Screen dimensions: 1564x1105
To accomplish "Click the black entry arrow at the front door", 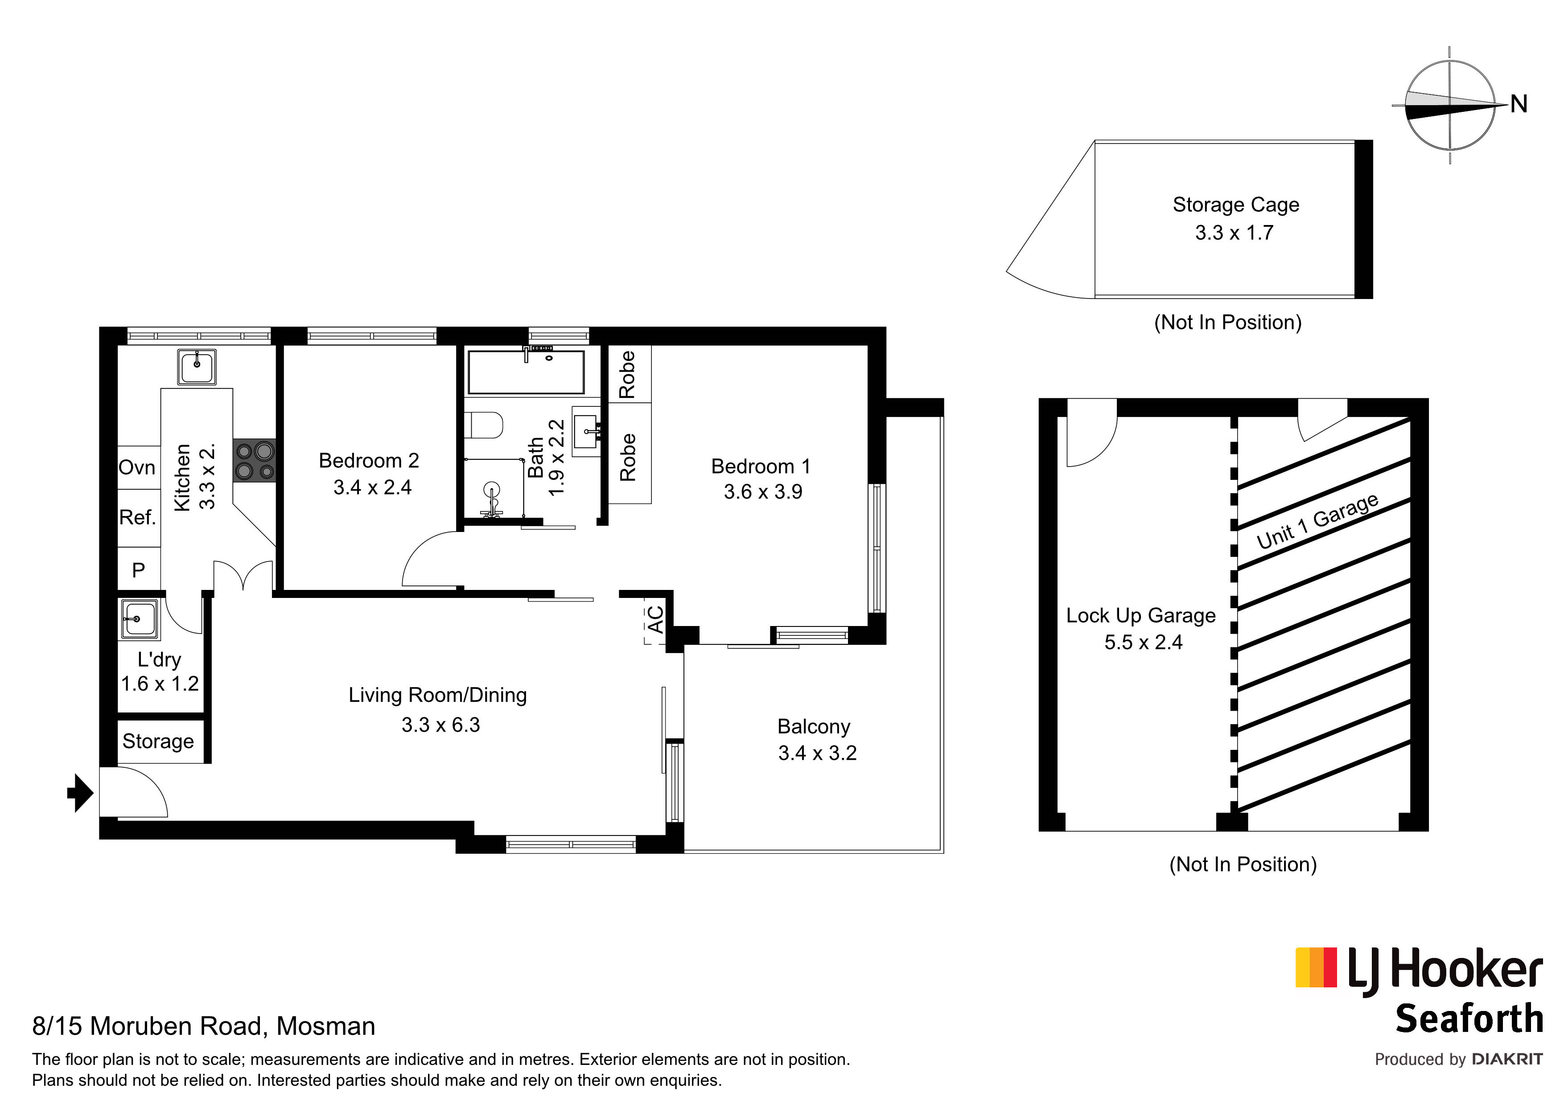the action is click(x=80, y=793).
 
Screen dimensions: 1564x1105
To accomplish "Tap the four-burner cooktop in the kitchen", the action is click(x=255, y=461).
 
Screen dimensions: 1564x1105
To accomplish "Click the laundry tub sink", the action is click(x=139, y=619).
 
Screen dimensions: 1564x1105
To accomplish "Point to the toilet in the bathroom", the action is click(x=487, y=426).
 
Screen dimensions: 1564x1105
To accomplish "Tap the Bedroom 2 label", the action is click(x=369, y=461).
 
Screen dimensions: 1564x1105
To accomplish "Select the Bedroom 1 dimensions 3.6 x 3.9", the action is click(x=763, y=491).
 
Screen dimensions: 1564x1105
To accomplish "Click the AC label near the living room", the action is click(x=654, y=620).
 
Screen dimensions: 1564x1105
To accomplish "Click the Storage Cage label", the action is click(x=1236, y=205).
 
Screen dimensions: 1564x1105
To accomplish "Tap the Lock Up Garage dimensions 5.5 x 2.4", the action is click(x=1143, y=642).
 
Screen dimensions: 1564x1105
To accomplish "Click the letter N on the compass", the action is click(x=1519, y=104).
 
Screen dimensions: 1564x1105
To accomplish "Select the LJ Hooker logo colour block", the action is click(x=1316, y=967).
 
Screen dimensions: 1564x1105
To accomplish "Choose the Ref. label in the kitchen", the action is click(x=138, y=517).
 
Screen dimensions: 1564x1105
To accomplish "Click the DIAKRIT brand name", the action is click(x=1507, y=1060).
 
